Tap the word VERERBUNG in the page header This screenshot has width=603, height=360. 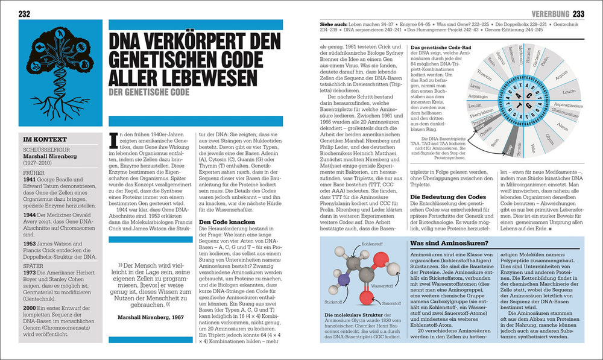pos(550,13)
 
